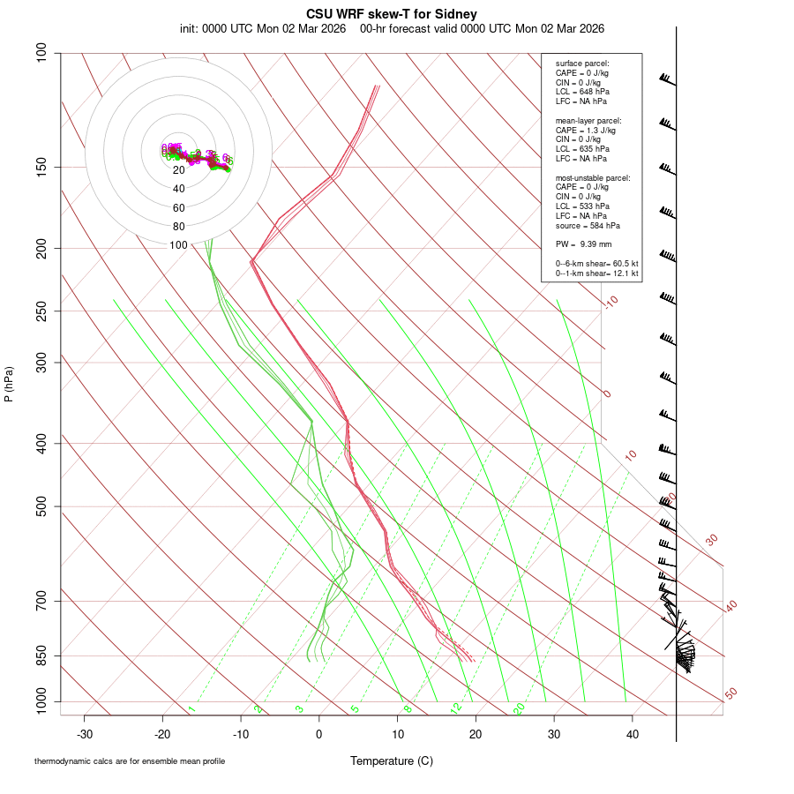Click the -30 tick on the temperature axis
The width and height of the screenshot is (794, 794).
pyautogui.click(x=85, y=734)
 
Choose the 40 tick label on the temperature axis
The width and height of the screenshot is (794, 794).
pyautogui.click(x=632, y=734)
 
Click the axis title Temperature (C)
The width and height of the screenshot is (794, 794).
pyautogui.click(x=391, y=760)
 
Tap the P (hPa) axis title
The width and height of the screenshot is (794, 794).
pyautogui.click(x=9, y=385)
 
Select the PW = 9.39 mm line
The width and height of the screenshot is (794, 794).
pyautogui.click(x=583, y=243)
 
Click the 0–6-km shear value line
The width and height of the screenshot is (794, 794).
pyautogui.click(x=596, y=264)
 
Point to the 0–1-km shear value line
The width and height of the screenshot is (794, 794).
pyautogui.click(x=596, y=273)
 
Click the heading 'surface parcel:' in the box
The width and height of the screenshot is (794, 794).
pyautogui.click(x=582, y=64)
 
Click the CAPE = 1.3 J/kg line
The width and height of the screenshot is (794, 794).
pyautogui.click(x=585, y=130)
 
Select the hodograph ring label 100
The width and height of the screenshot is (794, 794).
pyautogui.click(x=179, y=245)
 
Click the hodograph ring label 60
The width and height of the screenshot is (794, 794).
pyautogui.click(x=179, y=208)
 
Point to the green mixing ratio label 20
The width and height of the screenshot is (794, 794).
pyautogui.click(x=519, y=708)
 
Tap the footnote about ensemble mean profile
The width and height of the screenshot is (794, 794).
pyautogui.click(x=130, y=761)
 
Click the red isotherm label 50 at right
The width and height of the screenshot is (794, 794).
pyautogui.click(x=730, y=694)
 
